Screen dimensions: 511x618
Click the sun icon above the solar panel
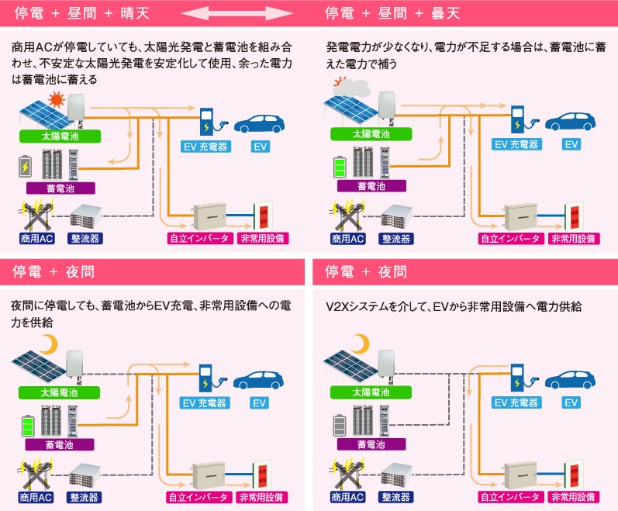coord(55,99)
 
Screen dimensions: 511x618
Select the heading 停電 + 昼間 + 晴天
coord(82,13)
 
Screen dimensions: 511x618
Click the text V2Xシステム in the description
coord(361,308)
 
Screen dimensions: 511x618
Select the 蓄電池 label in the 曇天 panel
coord(371,187)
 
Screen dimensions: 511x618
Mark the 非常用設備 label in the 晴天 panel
coord(262,238)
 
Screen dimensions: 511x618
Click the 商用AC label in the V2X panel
coord(347,497)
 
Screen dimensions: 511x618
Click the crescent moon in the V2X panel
coord(361,342)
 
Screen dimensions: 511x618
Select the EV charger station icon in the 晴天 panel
coord(207,122)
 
